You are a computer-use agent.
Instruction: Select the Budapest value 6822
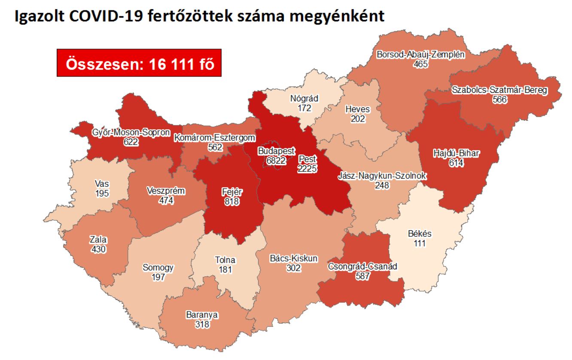coord(276,160)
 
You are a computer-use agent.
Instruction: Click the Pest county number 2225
coord(307,169)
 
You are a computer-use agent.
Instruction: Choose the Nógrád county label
coord(304,98)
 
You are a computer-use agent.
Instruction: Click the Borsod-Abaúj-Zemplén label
coord(421,55)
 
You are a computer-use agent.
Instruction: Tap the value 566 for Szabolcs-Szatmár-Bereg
coord(500,99)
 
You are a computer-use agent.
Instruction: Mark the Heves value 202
coord(358,119)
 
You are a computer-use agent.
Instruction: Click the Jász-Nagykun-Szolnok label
coord(381,176)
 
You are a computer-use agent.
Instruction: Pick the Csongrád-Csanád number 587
coord(363,276)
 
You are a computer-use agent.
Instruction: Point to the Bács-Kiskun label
coord(294,258)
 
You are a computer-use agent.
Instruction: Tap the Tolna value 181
coord(225,270)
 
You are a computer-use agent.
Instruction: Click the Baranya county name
coord(202,315)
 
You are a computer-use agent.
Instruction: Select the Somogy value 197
coord(158,277)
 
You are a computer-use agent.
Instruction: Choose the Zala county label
coord(98,240)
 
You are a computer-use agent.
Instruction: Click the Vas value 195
coord(102,193)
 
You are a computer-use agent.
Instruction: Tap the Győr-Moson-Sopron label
coord(131,132)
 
